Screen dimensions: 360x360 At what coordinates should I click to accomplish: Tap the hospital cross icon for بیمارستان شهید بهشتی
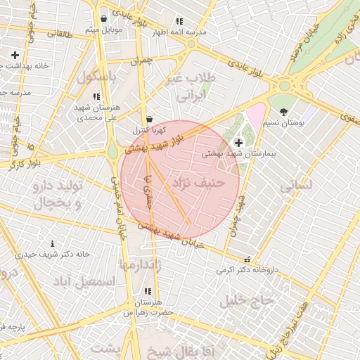238,142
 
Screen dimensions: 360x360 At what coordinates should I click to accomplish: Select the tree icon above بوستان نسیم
283,112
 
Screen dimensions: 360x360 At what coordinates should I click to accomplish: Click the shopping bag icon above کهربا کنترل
148,120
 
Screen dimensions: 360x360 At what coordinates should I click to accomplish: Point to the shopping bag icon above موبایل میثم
104,19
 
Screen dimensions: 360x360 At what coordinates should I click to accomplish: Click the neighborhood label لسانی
295,187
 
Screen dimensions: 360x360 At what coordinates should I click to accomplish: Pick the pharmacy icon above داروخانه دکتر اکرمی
246,259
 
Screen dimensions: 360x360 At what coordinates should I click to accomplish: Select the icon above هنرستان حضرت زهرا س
147,291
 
